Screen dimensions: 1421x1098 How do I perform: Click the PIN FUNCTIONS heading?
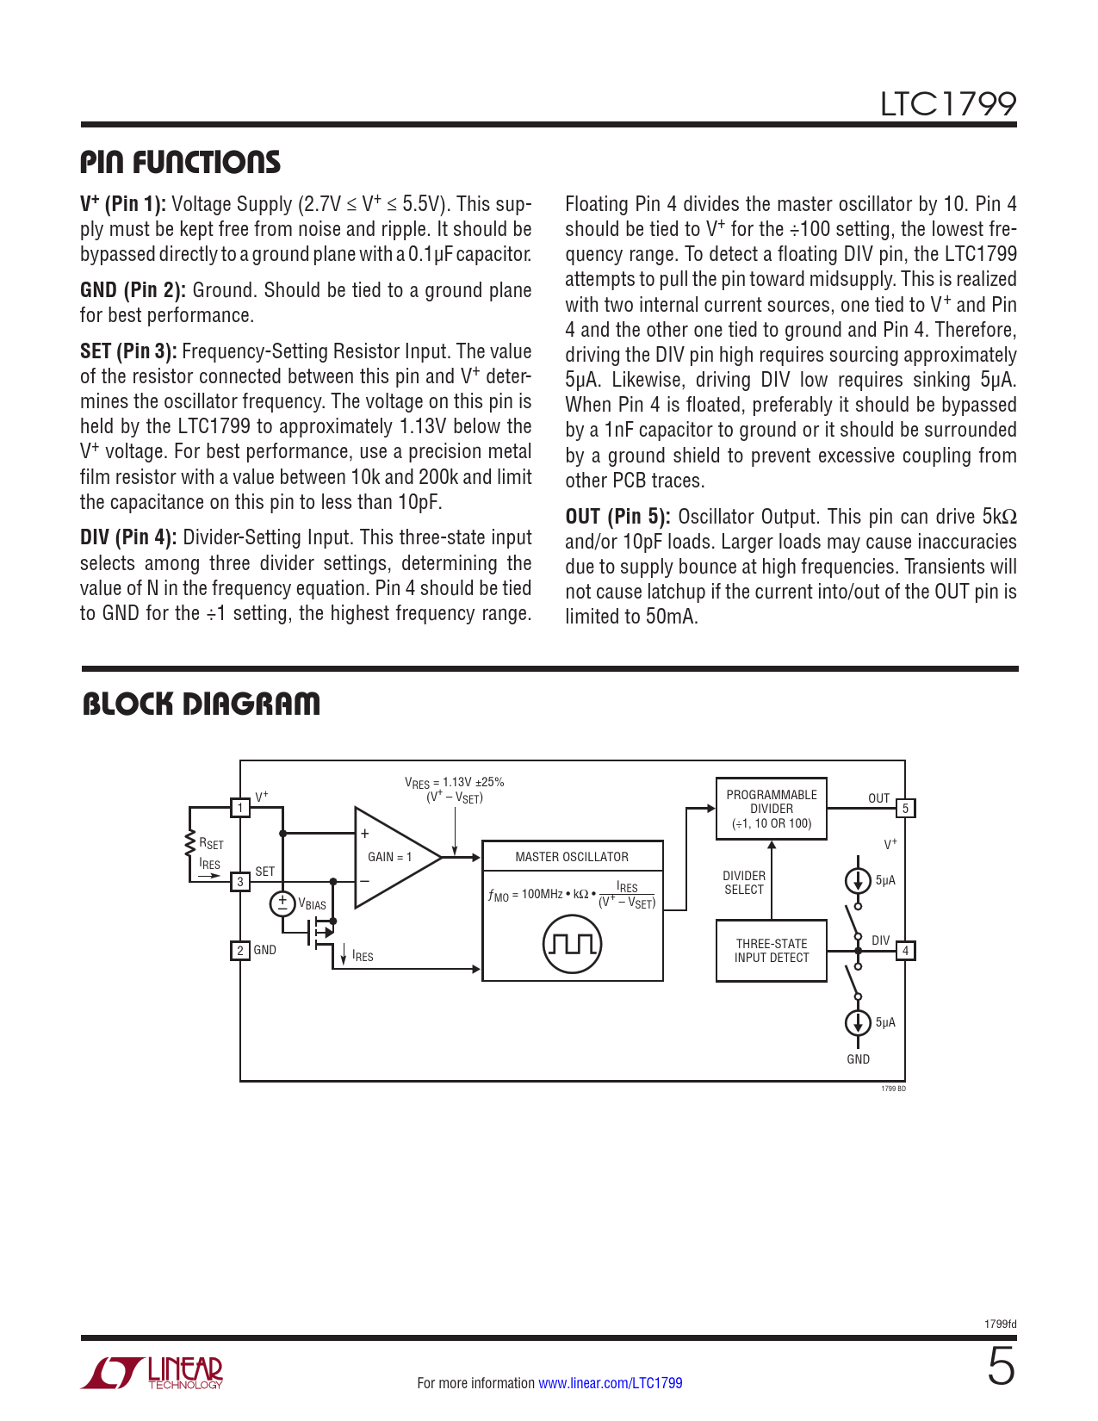click(x=180, y=162)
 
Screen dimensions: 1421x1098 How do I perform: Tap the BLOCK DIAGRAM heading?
click(x=201, y=704)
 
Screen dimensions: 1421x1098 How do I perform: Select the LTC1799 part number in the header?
click(x=947, y=104)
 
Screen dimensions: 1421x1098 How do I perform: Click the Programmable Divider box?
click(x=771, y=809)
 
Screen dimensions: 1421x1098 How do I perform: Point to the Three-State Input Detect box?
click(x=771, y=951)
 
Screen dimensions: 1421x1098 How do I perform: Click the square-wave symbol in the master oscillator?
click(x=572, y=945)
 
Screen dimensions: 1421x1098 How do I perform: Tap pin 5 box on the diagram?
click(x=905, y=809)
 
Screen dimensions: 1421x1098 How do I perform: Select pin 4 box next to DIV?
click(x=905, y=951)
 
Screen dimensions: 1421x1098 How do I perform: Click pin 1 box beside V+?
click(x=240, y=808)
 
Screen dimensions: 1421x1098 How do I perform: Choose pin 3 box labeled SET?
click(x=240, y=881)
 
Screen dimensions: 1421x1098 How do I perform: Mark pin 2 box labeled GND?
click(x=240, y=951)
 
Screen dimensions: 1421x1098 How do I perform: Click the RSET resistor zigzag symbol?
click(x=189, y=844)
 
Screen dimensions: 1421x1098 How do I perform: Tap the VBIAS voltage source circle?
click(x=282, y=903)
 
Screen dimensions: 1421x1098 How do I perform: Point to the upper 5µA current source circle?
click(x=858, y=880)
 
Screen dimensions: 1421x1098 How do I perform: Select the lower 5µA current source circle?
click(x=858, y=1022)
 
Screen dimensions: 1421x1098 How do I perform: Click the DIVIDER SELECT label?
click(x=744, y=883)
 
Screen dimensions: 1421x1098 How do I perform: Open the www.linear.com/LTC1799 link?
click(x=610, y=1383)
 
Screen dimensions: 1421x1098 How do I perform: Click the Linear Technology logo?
click(x=152, y=1373)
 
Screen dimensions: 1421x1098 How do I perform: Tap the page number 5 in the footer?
click(x=1001, y=1368)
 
